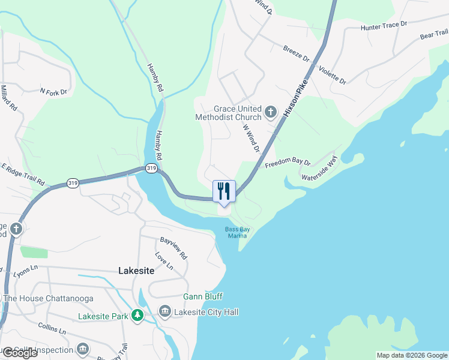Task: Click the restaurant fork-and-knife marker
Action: [x=224, y=191]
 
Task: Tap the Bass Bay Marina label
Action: [x=237, y=232]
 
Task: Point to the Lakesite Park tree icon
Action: [x=137, y=315]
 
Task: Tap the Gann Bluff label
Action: [x=203, y=296]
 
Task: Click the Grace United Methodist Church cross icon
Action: [x=271, y=112]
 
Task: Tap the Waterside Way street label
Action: [x=320, y=169]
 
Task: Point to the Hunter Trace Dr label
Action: [x=384, y=26]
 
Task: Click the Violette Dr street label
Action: [x=333, y=74]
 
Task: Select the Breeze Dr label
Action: [x=296, y=54]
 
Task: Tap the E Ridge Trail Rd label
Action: [x=23, y=173]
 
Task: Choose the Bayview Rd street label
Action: [x=173, y=248]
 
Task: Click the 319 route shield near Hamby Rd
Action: [x=151, y=169]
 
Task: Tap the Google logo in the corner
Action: [x=19, y=353]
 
